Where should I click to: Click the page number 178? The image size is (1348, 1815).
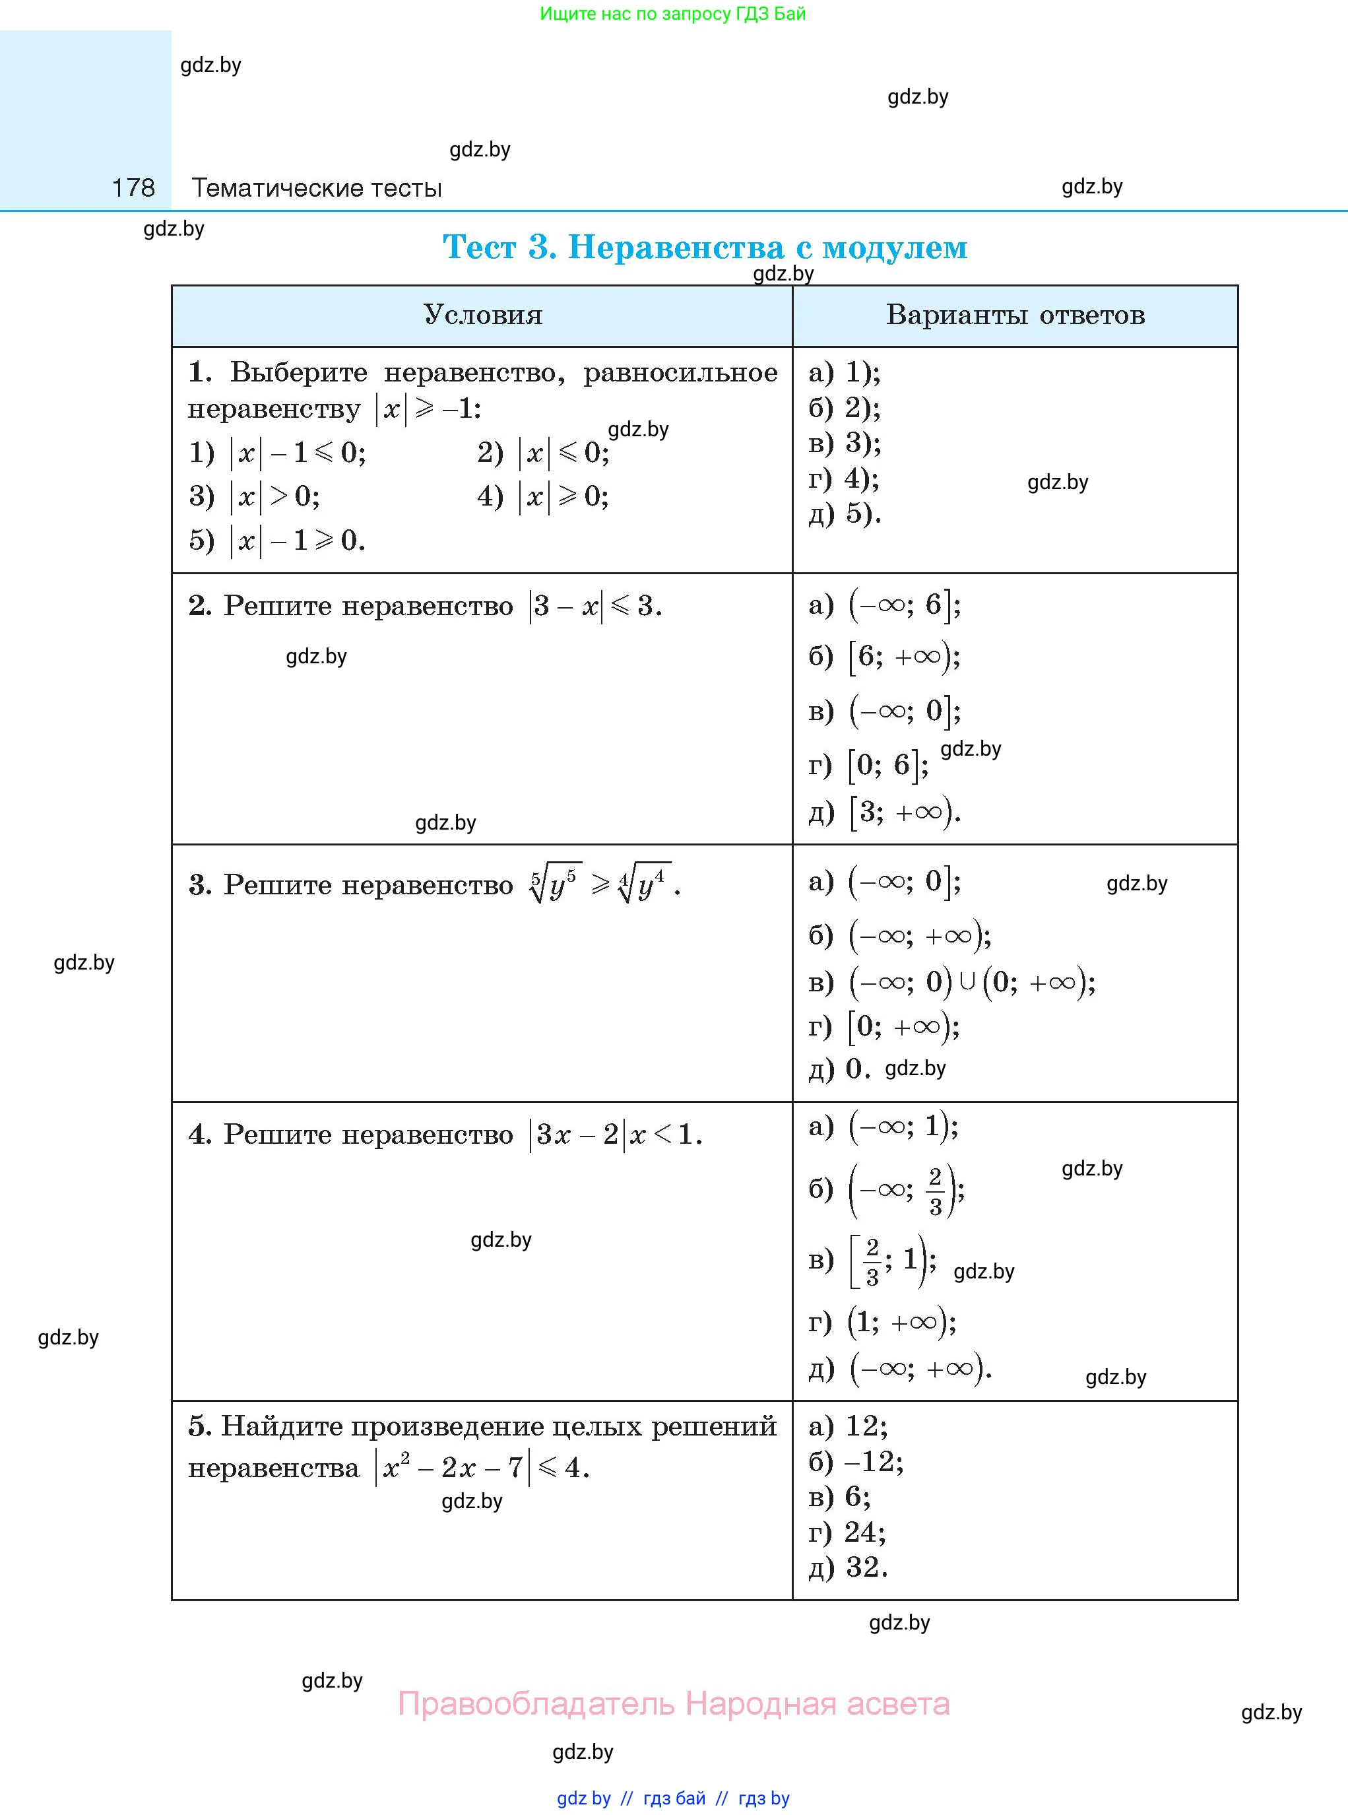point(133,187)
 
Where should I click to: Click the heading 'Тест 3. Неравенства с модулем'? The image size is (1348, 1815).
point(704,246)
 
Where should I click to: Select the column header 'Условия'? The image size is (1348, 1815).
point(482,315)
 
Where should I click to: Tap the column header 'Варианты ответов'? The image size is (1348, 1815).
point(1015,315)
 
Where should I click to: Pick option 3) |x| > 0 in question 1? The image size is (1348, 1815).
point(255,496)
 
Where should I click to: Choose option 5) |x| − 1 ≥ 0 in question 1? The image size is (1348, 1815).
point(276,541)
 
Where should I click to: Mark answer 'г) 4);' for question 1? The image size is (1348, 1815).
point(844,478)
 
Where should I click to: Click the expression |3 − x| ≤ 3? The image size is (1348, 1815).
point(595,605)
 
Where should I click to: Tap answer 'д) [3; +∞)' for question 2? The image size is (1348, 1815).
point(885,812)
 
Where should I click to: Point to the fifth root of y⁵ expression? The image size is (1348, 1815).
point(555,884)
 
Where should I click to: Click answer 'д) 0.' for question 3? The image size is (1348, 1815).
point(840,1069)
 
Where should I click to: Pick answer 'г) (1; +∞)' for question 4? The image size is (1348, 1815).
point(882,1321)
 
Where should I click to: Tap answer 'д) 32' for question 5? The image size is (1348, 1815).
point(848,1567)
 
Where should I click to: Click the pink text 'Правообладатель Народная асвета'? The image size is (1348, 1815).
point(673,1703)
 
